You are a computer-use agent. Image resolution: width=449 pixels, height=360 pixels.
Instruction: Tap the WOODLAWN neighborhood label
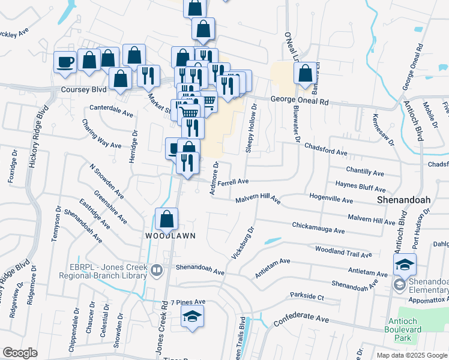170,236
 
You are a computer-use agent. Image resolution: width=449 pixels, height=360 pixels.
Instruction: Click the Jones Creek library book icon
156,270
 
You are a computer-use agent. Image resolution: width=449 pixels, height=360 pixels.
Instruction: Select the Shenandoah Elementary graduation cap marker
405,264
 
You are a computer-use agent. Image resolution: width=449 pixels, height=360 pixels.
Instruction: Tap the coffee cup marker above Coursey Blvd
65,61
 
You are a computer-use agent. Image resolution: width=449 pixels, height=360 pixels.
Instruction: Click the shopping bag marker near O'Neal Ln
305,74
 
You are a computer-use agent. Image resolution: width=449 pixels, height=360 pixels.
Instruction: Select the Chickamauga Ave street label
318,229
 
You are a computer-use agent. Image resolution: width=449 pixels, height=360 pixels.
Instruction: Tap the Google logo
20,353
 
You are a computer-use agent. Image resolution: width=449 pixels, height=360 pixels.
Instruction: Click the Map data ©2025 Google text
411,355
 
